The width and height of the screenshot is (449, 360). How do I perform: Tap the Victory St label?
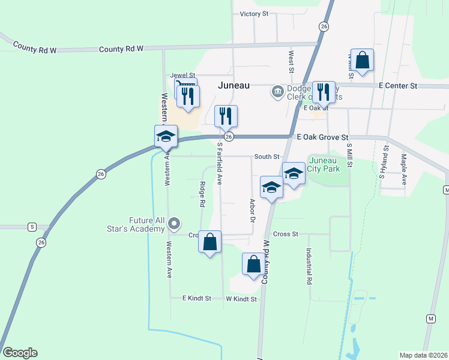tap(253, 14)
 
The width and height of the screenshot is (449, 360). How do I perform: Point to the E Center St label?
tap(398, 86)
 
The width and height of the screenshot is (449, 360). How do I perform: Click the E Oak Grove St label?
tap(322, 137)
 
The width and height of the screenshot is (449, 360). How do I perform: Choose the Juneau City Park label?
tap(324, 164)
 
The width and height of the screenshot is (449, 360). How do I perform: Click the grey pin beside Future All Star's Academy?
tap(175, 224)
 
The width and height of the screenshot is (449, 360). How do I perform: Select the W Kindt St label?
tap(241, 299)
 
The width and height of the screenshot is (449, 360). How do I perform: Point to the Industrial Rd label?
tap(309, 267)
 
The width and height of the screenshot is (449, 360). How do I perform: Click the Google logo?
tap(20, 353)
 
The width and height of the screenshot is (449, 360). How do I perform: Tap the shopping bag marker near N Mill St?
tap(363, 61)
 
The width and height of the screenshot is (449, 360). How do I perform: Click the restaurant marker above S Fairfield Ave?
tap(226, 115)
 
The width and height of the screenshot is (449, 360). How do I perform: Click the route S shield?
tap(32, 227)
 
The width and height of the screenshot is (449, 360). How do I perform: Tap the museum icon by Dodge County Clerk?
tap(277, 91)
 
